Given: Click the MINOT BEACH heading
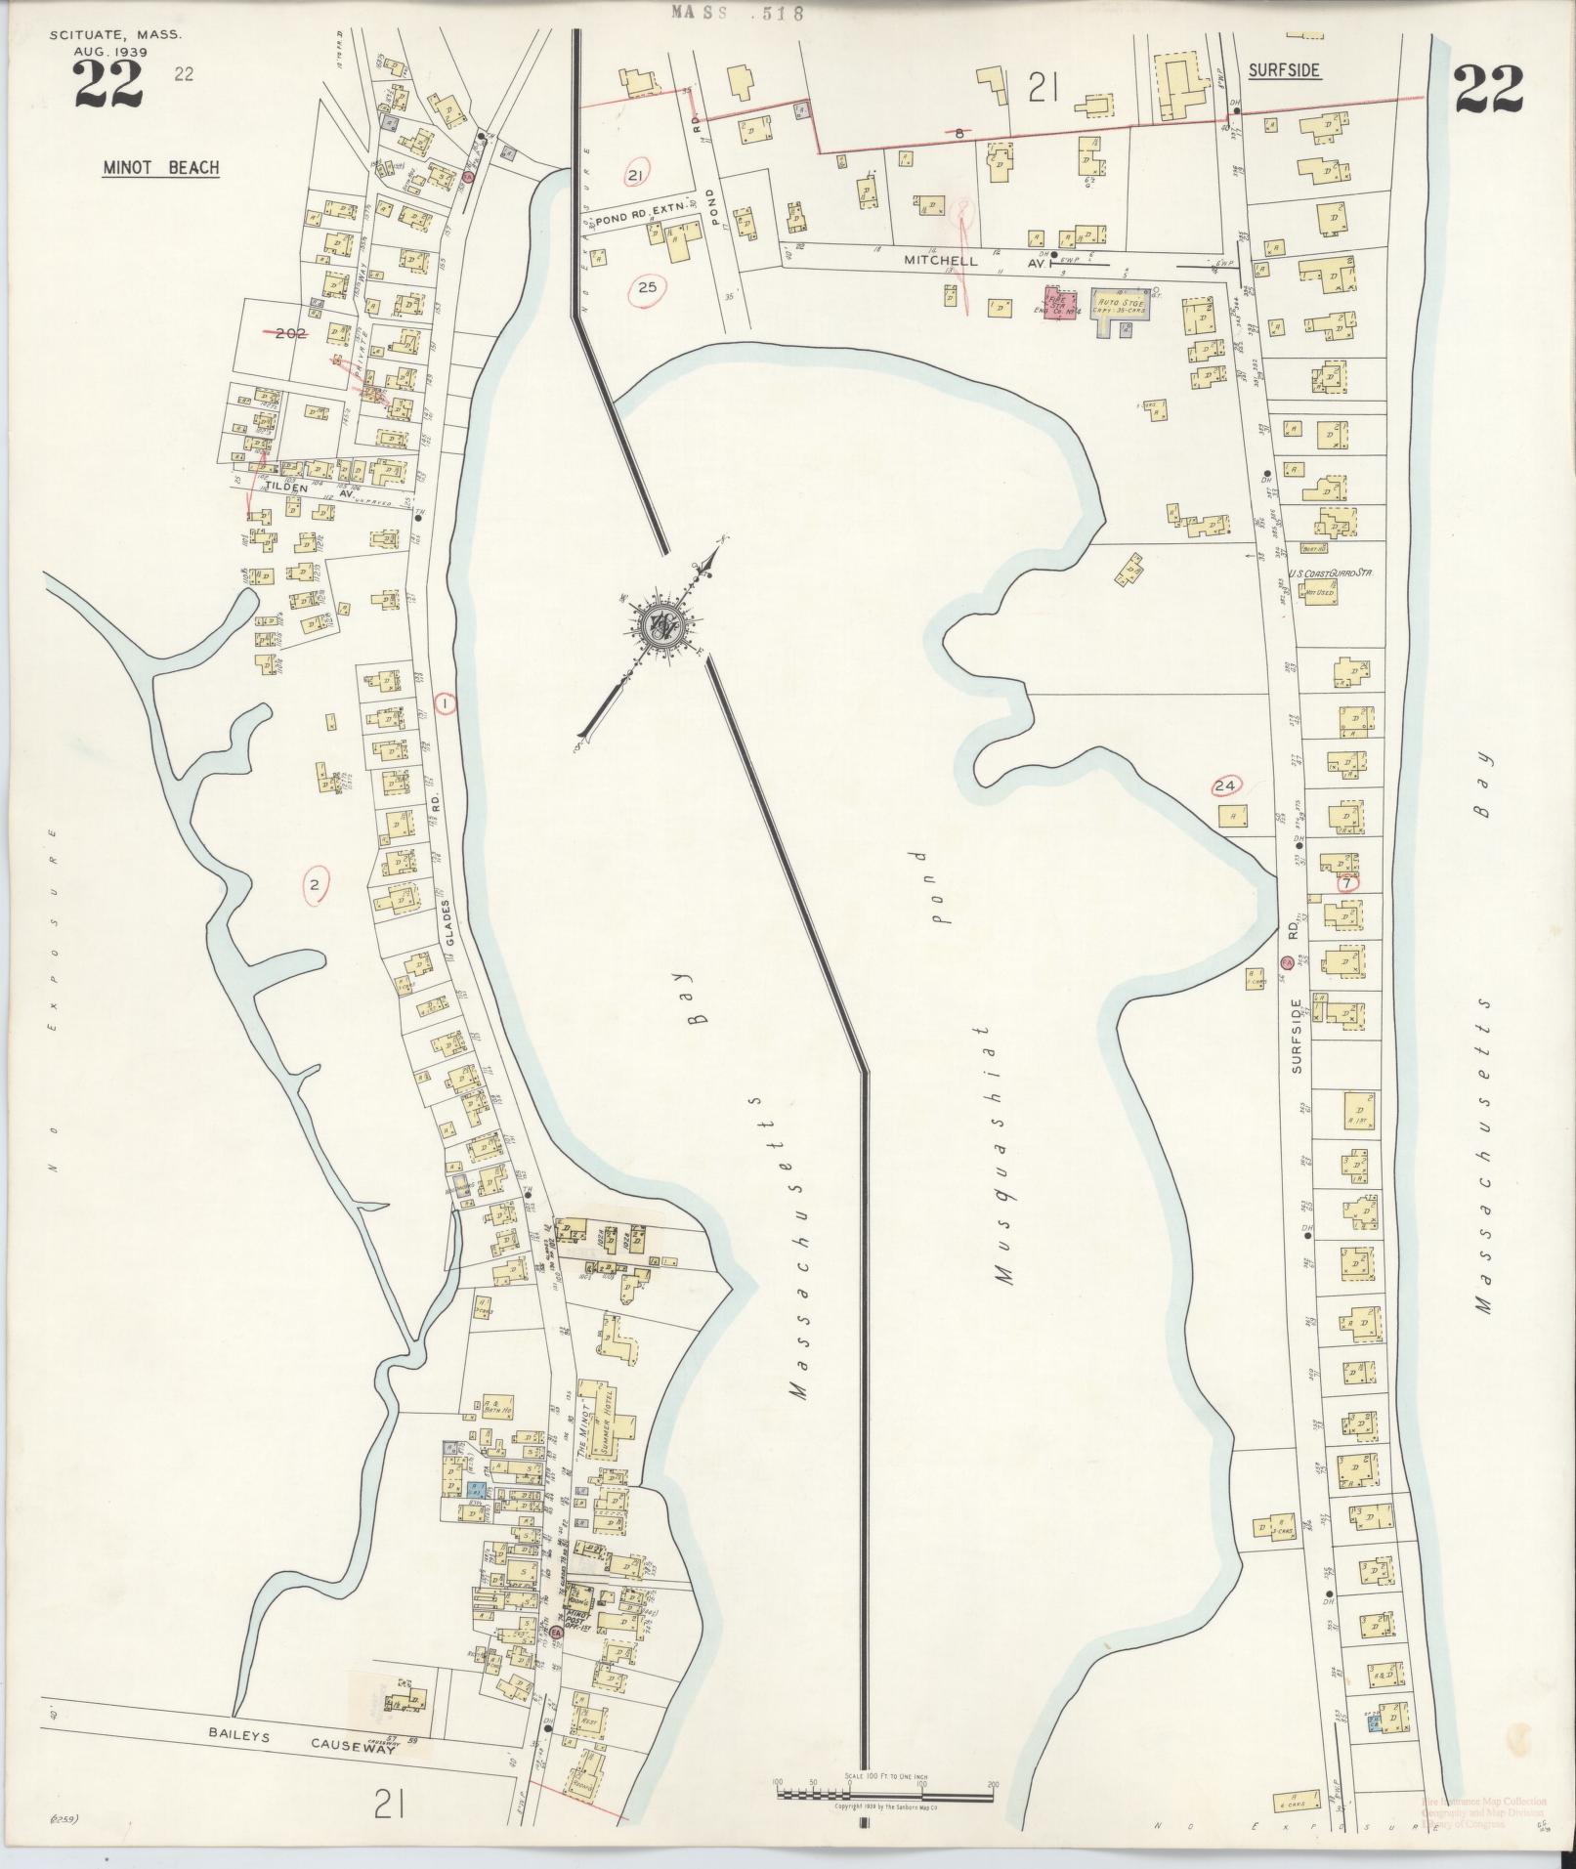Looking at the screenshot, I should pos(161,168).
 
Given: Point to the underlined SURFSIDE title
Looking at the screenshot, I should pos(1285,70).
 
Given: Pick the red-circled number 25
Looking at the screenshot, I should pos(647,287).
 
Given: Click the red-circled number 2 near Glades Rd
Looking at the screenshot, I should pos(315,886).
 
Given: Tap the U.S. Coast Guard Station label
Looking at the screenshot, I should pos(1331,575).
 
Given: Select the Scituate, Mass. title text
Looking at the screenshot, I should pos(115,35).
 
